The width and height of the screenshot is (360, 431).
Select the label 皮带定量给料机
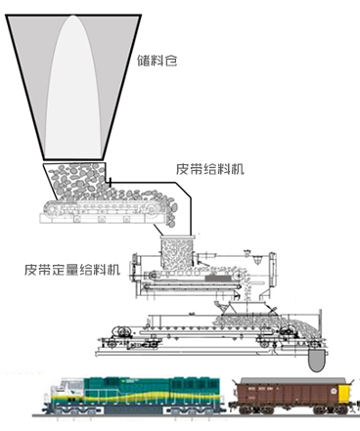coord(74,266)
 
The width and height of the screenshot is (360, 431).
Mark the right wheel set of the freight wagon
coord(328,418)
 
